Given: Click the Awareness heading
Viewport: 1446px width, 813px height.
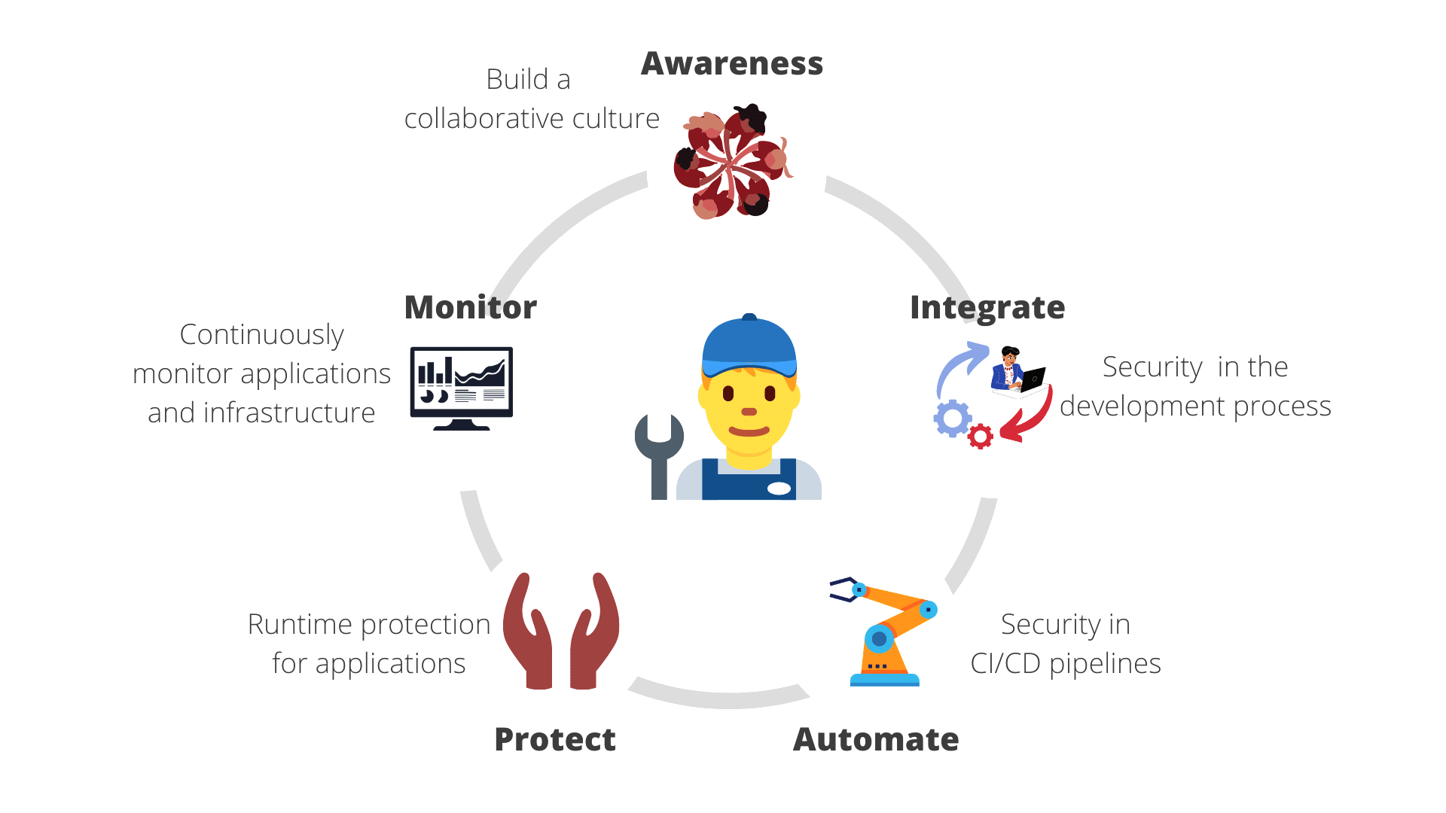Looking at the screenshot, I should (x=731, y=64).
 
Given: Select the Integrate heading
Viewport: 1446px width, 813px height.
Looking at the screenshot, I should (x=987, y=308).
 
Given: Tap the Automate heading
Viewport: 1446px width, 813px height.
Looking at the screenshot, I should (x=876, y=740).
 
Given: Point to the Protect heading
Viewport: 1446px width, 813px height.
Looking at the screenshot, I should (x=555, y=740).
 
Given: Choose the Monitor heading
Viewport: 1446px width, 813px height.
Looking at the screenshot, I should (x=471, y=308).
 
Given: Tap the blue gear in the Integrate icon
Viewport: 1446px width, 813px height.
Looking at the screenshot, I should (x=953, y=419).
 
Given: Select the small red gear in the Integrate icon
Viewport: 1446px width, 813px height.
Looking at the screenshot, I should (x=980, y=437).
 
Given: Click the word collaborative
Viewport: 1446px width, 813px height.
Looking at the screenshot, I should (x=485, y=119).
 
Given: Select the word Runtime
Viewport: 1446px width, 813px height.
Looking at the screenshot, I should (x=300, y=625).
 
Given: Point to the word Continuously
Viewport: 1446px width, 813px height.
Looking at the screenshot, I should (x=261, y=335).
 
